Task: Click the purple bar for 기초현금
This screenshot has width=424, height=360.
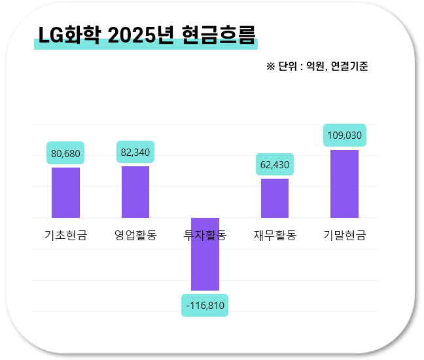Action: coord(65,192)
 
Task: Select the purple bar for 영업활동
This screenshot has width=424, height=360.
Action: coord(135,192)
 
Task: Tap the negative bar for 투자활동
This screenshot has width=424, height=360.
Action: coord(205,254)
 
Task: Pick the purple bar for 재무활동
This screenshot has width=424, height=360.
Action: coord(275,198)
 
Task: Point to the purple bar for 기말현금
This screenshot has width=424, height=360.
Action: coord(344,183)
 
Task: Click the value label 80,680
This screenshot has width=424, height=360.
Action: coord(65,153)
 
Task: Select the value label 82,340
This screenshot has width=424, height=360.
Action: coord(135,152)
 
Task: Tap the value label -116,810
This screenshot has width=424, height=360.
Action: coord(205,305)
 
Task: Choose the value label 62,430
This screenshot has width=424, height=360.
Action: coord(275,164)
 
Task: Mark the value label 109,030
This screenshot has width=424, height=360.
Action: coord(344,135)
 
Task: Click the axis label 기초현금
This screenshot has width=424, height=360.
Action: coord(65,236)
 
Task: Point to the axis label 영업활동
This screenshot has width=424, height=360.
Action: coord(135,236)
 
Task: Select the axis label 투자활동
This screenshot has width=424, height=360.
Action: coord(205,236)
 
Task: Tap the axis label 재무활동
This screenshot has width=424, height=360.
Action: coord(275,236)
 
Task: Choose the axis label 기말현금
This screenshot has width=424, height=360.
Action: coord(344,236)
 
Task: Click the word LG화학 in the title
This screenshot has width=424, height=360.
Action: coord(69,35)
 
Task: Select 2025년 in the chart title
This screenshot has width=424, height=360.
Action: coord(140,35)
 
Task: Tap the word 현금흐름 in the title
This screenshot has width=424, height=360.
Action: coord(217,35)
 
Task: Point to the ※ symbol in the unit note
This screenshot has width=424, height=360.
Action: coord(271,66)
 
